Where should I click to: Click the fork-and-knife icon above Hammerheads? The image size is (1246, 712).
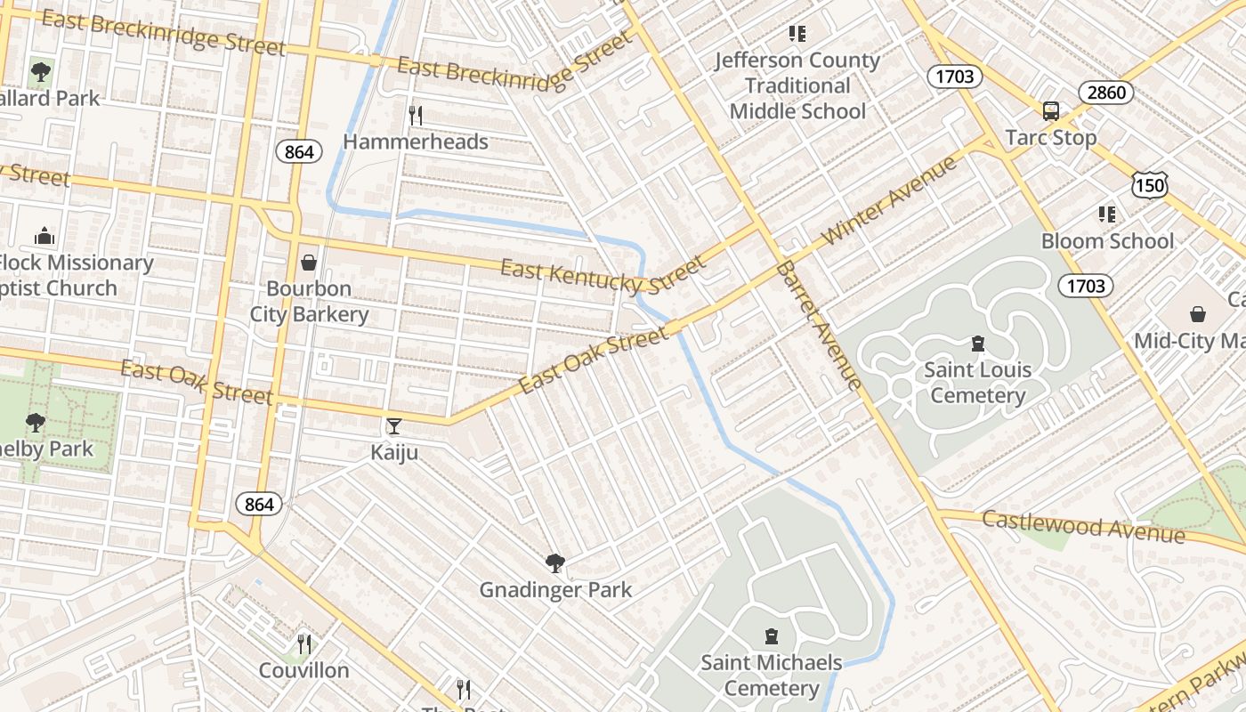point(415,115)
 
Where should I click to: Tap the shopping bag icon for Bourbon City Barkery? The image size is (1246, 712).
point(309,263)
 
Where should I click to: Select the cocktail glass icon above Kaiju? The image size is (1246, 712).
point(394,426)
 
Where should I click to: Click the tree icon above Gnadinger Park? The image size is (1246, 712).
point(555,562)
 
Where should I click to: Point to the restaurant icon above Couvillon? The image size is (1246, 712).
point(304,643)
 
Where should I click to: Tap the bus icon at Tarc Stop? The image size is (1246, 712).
point(1051,111)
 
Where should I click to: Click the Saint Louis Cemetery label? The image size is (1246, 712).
point(977,382)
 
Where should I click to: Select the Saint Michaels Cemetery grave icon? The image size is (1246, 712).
point(772,636)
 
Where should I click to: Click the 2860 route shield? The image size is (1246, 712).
point(1106,93)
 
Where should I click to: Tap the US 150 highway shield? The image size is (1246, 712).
point(1149,184)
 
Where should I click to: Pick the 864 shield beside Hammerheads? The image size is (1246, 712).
point(299,152)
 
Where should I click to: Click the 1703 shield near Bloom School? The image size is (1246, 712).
point(1086,286)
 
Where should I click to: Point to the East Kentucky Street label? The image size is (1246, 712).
point(602,274)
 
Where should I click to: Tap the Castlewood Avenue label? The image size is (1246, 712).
point(1083,526)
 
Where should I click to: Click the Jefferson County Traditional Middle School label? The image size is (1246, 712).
point(797,85)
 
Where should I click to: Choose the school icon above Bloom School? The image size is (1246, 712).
point(1107,214)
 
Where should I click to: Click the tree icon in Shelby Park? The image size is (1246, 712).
point(36,422)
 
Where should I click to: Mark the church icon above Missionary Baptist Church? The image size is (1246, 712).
point(44,236)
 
